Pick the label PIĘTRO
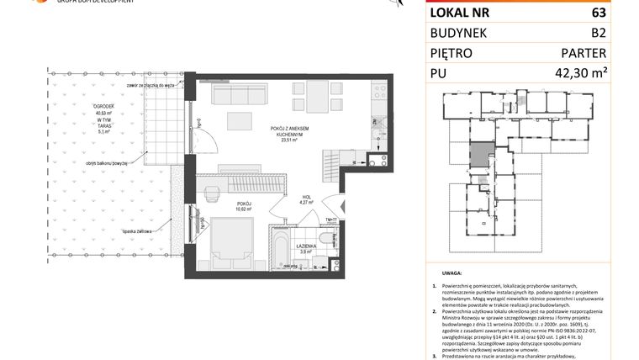(x=452, y=54)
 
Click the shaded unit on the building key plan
(x=478, y=155)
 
